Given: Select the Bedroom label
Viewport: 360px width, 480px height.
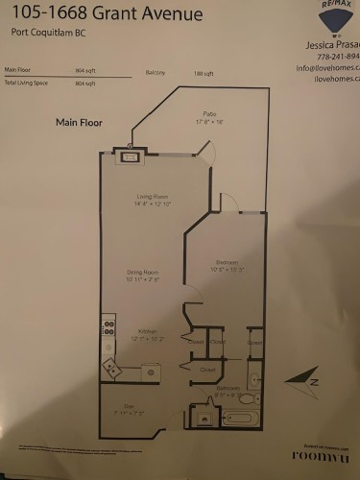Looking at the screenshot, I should tap(227, 262).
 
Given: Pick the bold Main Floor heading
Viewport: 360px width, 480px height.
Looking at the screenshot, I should tap(79, 122).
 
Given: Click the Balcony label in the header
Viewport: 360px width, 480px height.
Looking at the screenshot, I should tap(156, 73).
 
